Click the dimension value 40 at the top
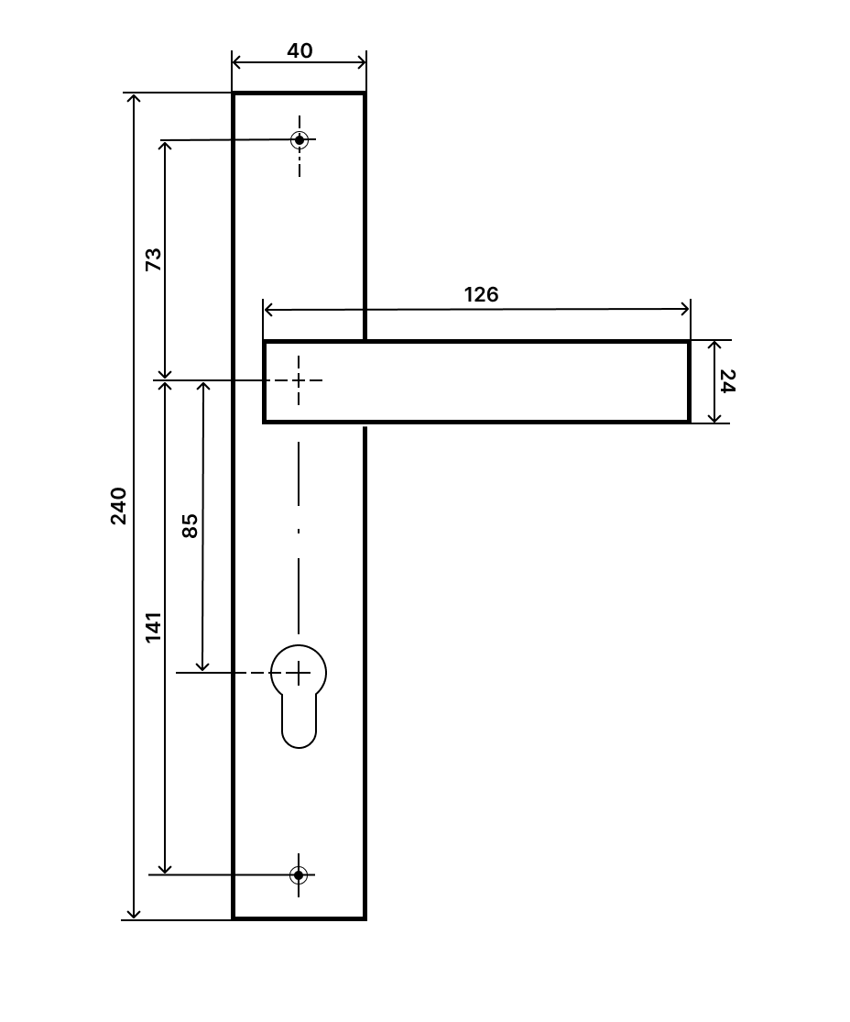[300, 50]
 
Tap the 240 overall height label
[118, 506]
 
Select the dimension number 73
[153, 259]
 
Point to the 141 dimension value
[153, 627]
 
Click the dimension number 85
[190, 525]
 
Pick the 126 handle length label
[482, 294]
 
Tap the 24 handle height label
[727, 381]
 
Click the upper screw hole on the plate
[299, 140]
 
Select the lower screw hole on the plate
[299, 874]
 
